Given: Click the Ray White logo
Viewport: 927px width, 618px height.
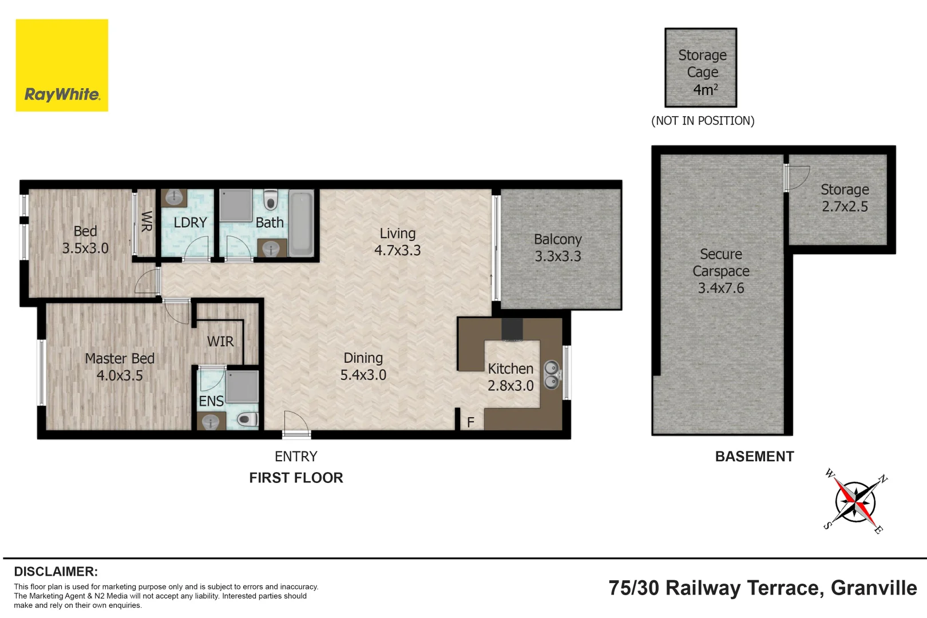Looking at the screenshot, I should click(62, 65).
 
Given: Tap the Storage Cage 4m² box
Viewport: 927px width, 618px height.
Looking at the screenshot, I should click(700, 68).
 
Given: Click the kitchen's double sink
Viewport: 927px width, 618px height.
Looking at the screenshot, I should click(551, 374).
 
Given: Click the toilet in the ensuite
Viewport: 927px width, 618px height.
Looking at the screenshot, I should click(247, 420).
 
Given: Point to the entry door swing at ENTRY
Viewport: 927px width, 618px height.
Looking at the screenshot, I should click(296, 424).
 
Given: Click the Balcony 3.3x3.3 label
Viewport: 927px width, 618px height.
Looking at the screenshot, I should click(557, 248).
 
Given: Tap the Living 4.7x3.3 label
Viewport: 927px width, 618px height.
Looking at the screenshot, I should click(397, 241).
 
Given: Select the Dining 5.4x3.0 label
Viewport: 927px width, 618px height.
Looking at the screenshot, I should click(363, 366).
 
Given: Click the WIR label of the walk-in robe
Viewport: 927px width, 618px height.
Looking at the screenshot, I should click(220, 342).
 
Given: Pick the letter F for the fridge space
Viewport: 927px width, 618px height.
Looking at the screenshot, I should click(470, 422).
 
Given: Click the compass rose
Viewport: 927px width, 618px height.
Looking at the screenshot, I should click(855, 502).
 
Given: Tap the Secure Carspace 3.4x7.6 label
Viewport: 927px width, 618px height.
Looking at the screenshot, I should click(720, 271).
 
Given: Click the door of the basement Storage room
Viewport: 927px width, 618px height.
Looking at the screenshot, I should click(796, 178).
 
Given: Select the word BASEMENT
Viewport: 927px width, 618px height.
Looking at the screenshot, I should click(754, 457).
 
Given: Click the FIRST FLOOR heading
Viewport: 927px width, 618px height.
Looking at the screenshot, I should click(296, 478).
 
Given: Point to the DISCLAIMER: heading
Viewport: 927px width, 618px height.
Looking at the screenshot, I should click(56, 572).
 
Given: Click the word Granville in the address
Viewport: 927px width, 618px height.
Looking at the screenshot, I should click(873, 588).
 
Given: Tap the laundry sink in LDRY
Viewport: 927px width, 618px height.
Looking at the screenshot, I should click(173, 198).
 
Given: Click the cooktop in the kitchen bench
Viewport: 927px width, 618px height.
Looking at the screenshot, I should click(512, 330).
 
